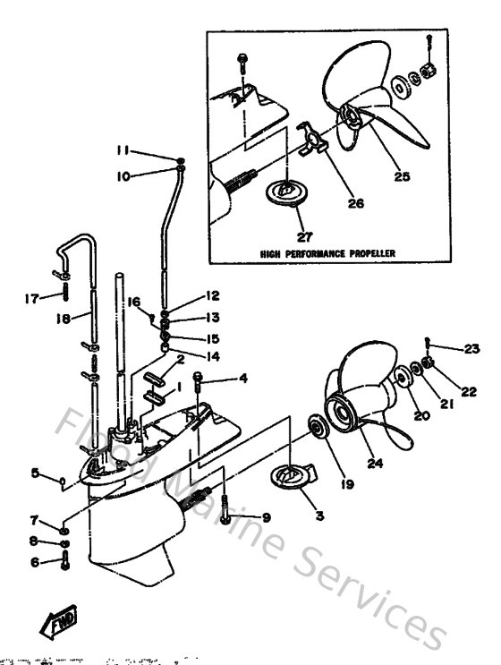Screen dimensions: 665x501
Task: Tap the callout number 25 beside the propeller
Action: [x=402, y=176]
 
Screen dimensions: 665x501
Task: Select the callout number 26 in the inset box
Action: [x=356, y=203]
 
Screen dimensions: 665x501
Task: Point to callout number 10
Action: [x=124, y=176]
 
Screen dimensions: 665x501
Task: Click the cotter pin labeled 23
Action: [x=429, y=343]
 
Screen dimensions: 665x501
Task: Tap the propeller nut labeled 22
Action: [x=428, y=363]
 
